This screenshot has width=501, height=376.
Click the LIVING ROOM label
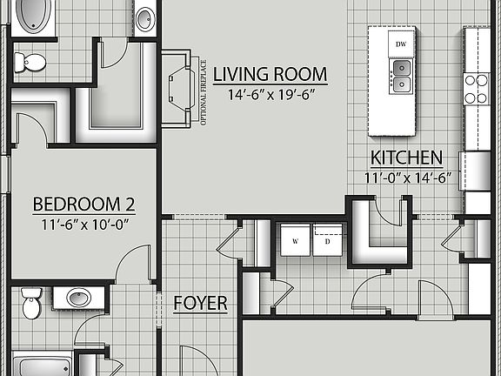pyautogui.click(x=270, y=74)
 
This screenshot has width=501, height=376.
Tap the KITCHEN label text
pyautogui.click(x=407, y=158)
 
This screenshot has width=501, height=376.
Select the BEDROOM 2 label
pyautogui.click(x=83, y=205)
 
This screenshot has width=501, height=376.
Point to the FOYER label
pyautogui.click(x=200, y=304)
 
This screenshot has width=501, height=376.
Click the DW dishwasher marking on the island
pyautogui.click(x=402, y=44)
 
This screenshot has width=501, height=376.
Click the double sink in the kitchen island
pyautogui.click(x=402, y=75)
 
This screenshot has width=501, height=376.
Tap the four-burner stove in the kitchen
pyautogui.click(x=477, y=88)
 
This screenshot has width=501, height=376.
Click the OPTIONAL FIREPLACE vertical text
pyautogui.click(x=204, y=91)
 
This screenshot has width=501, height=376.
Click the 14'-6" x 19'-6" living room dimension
pyautogui.click(x=270, y=94)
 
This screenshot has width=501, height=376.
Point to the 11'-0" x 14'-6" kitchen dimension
pyautogui.click(x=407, y=177)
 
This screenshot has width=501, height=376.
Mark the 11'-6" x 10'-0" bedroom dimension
pyautogui.click(x=83, y=223)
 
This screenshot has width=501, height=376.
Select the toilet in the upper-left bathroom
pyautogui.click(x=31, y=62)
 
